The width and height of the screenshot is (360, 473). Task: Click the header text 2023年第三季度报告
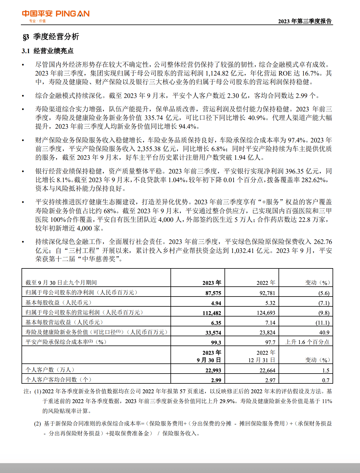[305, 21]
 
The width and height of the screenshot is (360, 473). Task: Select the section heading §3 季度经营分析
[51, 37]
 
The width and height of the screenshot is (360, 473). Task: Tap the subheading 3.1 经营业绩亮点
[47, 51]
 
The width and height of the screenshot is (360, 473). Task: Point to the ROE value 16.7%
[312, 73]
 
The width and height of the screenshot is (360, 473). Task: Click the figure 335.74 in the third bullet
[154, 118]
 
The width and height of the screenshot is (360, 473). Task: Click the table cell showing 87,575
[213, 293]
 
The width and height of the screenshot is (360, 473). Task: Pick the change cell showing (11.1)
[322, 323]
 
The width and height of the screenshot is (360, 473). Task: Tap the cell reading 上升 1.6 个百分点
[307, 342]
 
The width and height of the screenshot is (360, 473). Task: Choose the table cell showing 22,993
[213, 370]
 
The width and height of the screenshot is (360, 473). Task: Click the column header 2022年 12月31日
[262, 356]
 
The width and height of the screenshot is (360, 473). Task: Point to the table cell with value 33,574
[213, 333]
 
